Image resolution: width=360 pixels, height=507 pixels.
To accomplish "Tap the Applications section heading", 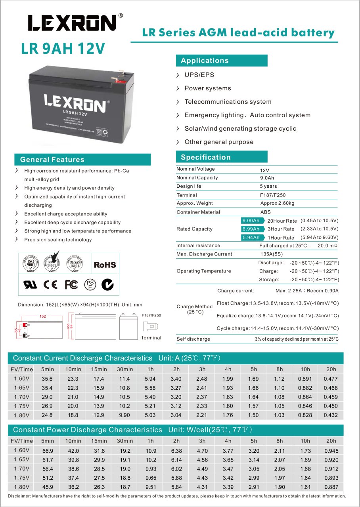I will pyautogui.click(x=205, y=61).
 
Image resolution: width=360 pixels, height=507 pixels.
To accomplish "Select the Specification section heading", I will pyautogui.click(x=205, y=157).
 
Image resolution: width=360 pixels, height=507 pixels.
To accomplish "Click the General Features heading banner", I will pyautogui.click(x=52, y=160).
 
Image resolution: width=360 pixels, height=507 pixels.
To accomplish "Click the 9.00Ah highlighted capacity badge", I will pyautogui.click(x=251, y=221).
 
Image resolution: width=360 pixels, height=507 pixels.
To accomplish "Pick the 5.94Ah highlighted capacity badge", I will pyautogui.click(x=251, y=238).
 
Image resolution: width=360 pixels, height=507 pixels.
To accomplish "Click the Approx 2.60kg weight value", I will pyautogui.click(x=277, y=203).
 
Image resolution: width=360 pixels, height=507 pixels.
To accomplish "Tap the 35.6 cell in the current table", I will pyautogui.click(x=47, y=379).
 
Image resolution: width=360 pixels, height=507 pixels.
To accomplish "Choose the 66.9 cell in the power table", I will pyautogui.click(x=47, y=451).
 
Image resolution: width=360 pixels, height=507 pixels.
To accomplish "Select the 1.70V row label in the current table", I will pyautogui.click(x=21, y=396).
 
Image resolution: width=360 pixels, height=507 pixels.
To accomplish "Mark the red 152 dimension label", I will pyautogui.click(x=43, y=316).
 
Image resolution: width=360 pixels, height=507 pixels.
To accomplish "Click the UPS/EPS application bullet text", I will pyautogui.click(x=199, y=75).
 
